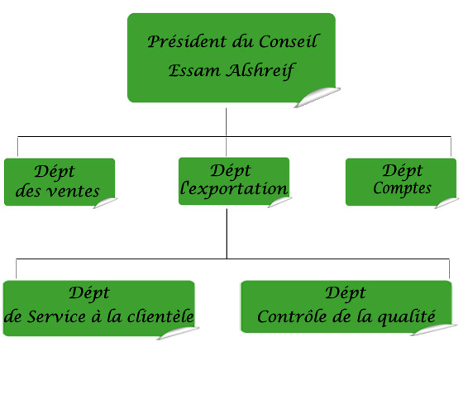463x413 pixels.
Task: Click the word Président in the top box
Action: (x=187, y=41)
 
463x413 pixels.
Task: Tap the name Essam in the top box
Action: (x=194, y=71)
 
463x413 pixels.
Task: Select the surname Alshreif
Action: (x=260, y=71)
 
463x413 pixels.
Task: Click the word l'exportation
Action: (x=234, y=188)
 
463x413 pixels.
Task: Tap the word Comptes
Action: (x=402, y=188)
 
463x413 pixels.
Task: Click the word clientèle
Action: (x=160, y=316)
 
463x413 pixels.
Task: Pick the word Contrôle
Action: (x=292, y=316)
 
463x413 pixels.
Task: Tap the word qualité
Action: (x=406, y=317)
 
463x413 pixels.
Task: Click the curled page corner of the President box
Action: (x=317, y=97)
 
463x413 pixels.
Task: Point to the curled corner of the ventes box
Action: (x=106, y=202)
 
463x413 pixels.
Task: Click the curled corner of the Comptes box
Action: (x=446, y=202)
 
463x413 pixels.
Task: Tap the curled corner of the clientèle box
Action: (x=178, y=333)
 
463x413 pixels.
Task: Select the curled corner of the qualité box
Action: (x=434, y=330)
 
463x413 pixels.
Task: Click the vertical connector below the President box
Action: (x=227, y=122)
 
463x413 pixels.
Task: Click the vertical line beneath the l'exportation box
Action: (x=227, y=234)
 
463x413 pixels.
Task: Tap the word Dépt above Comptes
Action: (x=403, y=171)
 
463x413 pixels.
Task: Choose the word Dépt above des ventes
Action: (x=55, y=172)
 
